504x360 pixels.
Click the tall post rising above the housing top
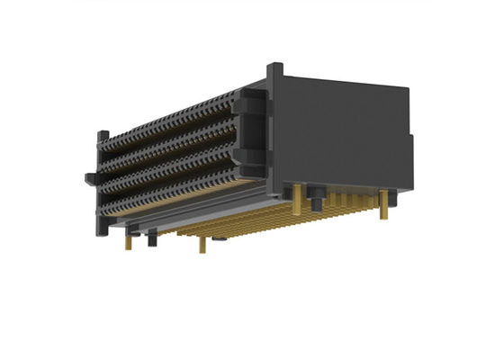[x=275, y=74]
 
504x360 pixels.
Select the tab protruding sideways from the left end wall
[x=89, y=176]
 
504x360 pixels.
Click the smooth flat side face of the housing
[x=342, y=135]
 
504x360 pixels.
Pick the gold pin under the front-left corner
[x=129, y=241]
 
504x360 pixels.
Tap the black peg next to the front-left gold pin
[x=150, y=238]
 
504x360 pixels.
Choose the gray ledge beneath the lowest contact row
[x=180, y=214]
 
